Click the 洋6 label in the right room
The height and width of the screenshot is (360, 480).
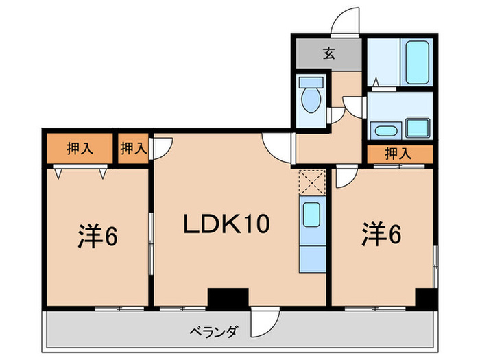pos(381,235)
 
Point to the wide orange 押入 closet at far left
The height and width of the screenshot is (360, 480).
pos(80,149)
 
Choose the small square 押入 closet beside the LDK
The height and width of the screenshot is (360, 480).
pos(133,148)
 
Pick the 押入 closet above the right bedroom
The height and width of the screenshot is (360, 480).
pos(398,154)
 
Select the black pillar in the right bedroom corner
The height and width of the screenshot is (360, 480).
pos(425,298)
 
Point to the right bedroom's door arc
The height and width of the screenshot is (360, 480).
pos(345,176)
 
